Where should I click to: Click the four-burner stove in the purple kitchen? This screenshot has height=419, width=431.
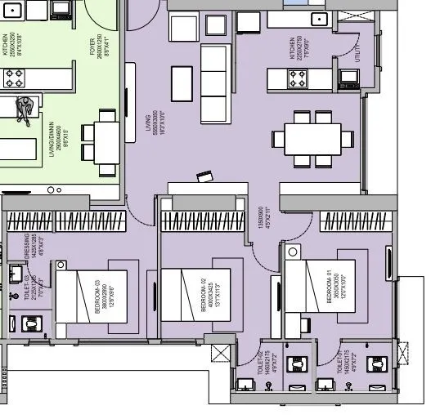pyautogui.click(x=296, y=78)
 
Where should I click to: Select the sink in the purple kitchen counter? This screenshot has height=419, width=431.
pyautogui.click(x=319, y=19)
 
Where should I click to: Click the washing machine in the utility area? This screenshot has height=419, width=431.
pyautogui.click(x=349, y=78)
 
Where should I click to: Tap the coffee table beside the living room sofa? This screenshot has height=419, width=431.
pyautogui.click(x=182, y=82)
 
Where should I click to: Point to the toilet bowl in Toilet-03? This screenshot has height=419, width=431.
pyautogui.click(x=32, y=323)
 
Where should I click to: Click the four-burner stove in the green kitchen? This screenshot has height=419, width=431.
pyautogui.click(x=15, y=78)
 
